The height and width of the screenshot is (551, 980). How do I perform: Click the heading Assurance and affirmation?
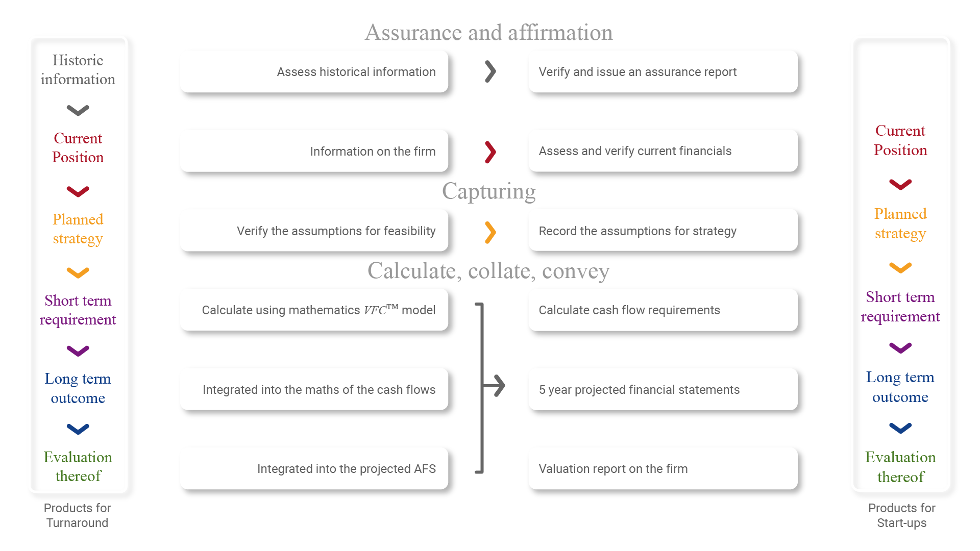[x=489, y=32]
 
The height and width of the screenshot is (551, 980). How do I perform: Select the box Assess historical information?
[x=314, y=71]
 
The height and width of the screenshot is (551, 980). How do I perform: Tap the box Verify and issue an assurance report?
[x=663, y=71]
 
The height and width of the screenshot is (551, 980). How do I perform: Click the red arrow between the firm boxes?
[x=491, y=152]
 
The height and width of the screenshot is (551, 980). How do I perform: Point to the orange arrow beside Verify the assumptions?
[x=491, y=233]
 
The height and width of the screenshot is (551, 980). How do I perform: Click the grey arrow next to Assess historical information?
[x=491, y=71]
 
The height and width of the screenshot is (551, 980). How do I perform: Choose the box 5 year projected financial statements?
[x=663, y=389]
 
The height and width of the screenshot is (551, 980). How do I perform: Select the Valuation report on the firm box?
[x=663, y=468]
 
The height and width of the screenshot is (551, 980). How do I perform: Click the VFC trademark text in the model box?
[x=381, y=309]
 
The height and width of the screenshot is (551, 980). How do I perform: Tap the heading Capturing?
[x=489, y=191]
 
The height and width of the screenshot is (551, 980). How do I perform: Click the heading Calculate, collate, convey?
[x=488, y=271]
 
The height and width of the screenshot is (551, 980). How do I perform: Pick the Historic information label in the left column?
[x=78, y=69]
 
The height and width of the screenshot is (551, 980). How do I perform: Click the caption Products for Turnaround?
[x=78, y=515]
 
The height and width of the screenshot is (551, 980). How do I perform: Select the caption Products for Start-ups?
[x=902, y=515]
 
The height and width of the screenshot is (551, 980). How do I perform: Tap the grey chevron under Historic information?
[x=78, y=110]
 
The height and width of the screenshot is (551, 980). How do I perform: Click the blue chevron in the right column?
[x=900, y=428]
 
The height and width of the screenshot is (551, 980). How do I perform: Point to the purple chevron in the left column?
[x=78, y=351]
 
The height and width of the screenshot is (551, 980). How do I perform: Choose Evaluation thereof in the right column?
[x=900, y=467]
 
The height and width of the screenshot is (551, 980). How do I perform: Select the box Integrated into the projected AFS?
[x=314, y=468]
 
